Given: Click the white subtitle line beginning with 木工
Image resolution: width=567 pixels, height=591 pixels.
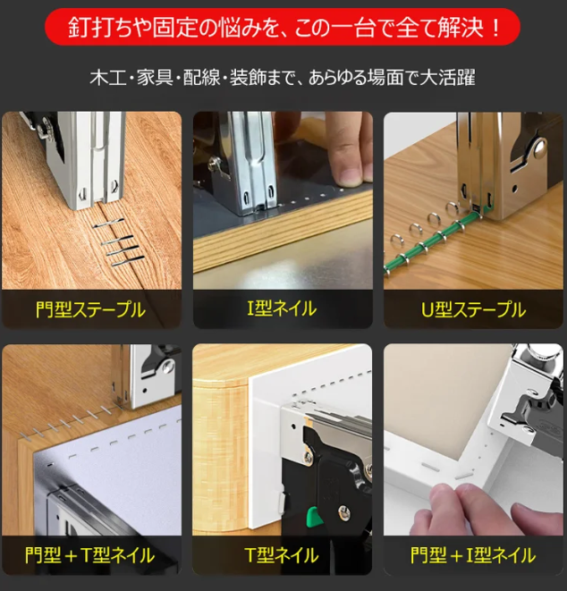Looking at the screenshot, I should [283, 77].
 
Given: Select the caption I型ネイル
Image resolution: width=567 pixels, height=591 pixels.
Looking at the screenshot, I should [282, 309].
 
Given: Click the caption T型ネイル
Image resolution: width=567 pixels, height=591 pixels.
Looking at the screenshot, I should [282, 555].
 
